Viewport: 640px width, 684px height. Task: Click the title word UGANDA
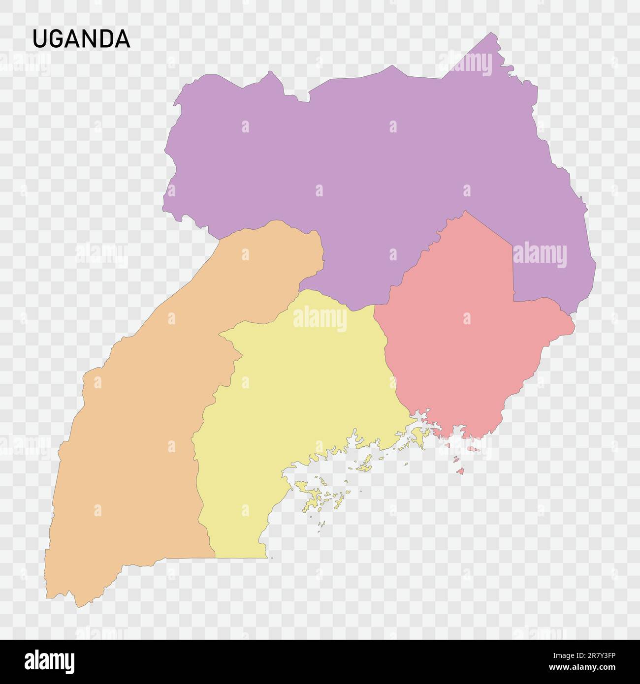click(81, 39)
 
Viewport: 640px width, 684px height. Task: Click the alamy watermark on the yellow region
click(320, 318)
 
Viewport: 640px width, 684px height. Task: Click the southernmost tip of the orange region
click(78, 607)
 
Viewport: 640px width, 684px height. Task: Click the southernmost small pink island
click(461, 472)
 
